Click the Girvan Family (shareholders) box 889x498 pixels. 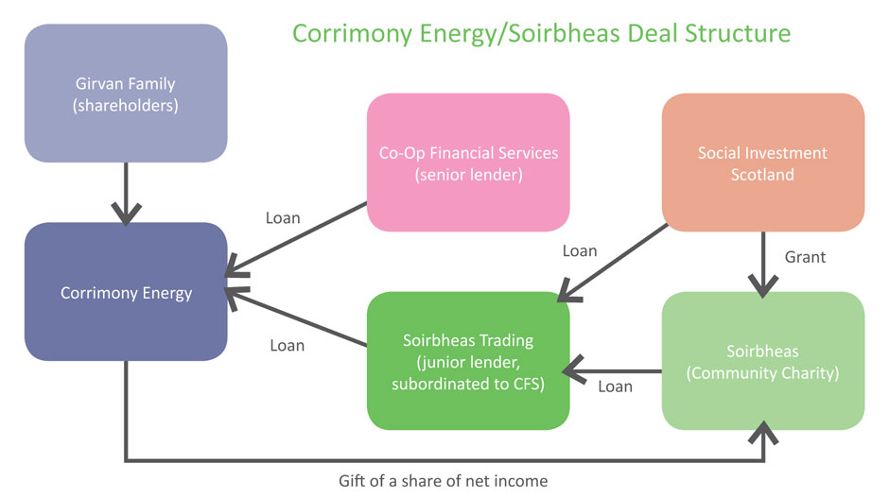click(x=126, y=93)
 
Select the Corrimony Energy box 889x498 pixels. click(x=126, y=292)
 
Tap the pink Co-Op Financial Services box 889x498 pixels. click(x=468, y=163)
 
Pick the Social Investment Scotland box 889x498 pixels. click(x=762, y=163)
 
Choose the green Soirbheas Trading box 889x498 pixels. click(x=468, y=362)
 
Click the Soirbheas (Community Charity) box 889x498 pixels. click(x=762, y=362)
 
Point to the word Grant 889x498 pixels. click(x=806, y=256)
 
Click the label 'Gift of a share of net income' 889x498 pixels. click(x=443, y=481)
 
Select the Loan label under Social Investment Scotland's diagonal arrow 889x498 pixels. click(x=580, y=250)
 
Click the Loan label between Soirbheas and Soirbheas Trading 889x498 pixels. click(x=615, y=386)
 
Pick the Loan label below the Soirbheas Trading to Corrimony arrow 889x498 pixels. click(x=287, y=345)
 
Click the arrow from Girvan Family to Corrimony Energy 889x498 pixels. click(x=126, y=193)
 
